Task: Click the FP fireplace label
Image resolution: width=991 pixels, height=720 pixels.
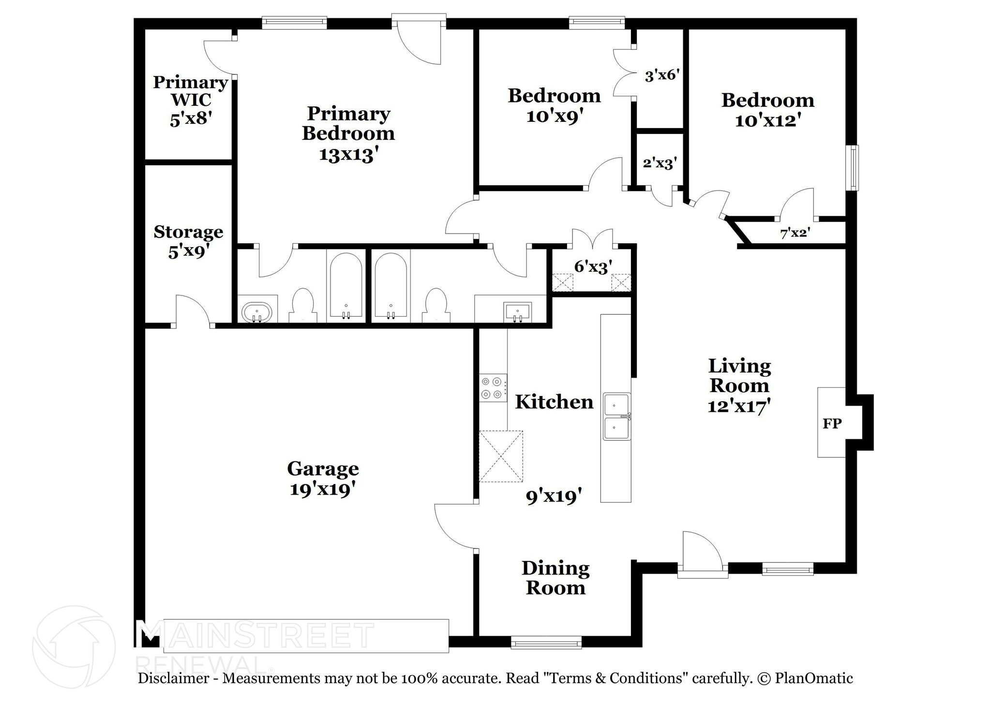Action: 832,424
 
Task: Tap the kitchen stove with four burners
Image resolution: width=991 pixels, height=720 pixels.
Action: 493,388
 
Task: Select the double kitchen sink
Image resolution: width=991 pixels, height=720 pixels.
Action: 617,416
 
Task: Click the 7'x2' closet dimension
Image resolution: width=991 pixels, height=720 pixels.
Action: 795,233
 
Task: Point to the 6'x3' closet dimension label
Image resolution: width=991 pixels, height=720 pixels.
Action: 593,266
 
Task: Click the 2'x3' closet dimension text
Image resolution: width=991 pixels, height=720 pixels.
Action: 660,163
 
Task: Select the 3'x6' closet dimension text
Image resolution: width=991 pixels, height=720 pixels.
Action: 662,75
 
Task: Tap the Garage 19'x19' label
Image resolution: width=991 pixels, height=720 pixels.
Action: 323,479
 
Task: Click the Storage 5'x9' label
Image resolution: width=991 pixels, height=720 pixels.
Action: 188,241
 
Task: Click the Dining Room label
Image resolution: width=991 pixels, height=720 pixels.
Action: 556,578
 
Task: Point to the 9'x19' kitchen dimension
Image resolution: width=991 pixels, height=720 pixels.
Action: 554,496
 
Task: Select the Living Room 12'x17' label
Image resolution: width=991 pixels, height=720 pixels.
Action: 739,386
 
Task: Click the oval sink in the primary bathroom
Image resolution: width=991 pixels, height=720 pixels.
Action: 257,312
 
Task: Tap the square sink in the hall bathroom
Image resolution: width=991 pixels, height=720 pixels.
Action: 517,311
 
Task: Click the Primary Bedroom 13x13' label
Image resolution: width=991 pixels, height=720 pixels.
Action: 348,134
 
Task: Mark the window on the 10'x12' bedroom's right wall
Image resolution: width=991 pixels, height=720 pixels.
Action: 854,168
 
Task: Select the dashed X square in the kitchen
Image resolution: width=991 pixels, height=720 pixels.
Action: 501,456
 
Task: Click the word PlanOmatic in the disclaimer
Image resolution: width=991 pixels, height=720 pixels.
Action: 813,678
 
